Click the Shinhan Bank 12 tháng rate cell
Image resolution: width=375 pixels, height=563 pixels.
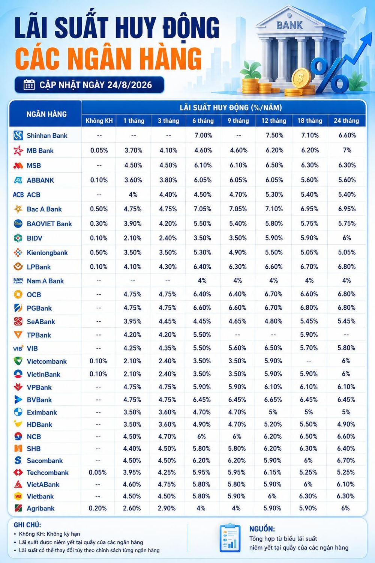tap(274, 135)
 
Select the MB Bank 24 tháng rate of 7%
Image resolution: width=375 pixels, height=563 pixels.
tap(347, 150)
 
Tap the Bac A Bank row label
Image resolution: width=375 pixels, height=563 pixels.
tap(44, 209)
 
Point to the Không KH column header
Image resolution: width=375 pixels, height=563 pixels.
tap(99, 120)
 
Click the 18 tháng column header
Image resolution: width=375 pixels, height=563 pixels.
tap(310, 120)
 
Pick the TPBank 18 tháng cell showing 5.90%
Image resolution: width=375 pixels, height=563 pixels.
tap(309, 334)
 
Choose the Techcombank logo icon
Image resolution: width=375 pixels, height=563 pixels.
tap(18, 473)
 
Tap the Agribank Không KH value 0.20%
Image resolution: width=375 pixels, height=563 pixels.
tap(98, 508)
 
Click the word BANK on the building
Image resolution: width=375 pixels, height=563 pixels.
tap(289, 25)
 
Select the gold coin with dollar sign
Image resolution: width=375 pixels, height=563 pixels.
tap(300, 78)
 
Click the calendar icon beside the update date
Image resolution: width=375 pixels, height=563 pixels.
tap(29, 85)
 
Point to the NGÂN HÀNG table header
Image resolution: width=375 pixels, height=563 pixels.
tap(46, 114)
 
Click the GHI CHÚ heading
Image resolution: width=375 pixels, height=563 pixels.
tap(27, 525)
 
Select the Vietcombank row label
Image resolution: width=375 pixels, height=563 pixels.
tap(47, 361)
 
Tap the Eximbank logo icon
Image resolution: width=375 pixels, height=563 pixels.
tap(18, 412)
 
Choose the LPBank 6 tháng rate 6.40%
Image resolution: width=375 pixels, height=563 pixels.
tap(202, 266)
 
